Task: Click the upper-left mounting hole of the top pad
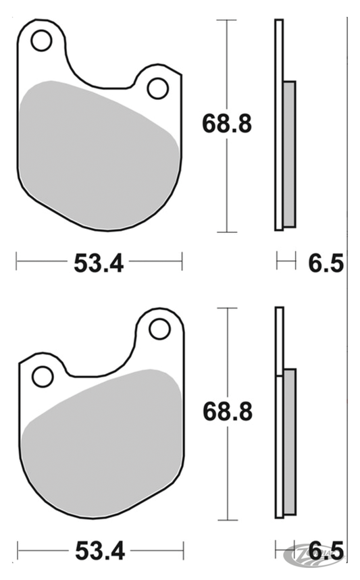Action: tap(41, 41)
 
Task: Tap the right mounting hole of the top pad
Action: tap(157, 88)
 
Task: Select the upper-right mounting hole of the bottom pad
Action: tap(159, 329)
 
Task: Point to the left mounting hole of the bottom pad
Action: tap(43, 376)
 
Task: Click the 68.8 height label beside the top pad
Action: tap(227, 124)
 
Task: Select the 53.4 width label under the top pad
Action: tap(99, 263)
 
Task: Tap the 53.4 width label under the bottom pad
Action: tap(99, 550)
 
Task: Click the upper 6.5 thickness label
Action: tap(327, 263)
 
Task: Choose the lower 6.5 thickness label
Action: tap(327, 550)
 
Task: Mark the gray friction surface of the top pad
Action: tap(95, 155)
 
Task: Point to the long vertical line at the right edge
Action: tap(348, 290)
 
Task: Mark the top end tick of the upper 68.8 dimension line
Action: tap(226, 20)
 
